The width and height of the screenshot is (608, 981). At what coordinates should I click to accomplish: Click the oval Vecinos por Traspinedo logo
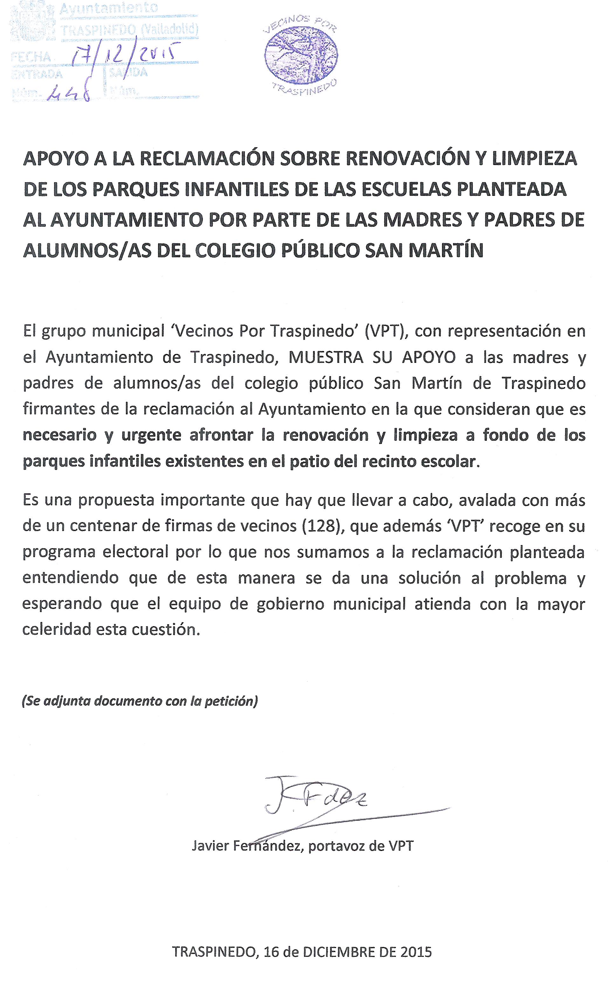click(x=301, y=56)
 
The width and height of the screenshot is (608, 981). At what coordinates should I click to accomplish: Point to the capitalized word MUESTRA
click(x=326, y=357)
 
